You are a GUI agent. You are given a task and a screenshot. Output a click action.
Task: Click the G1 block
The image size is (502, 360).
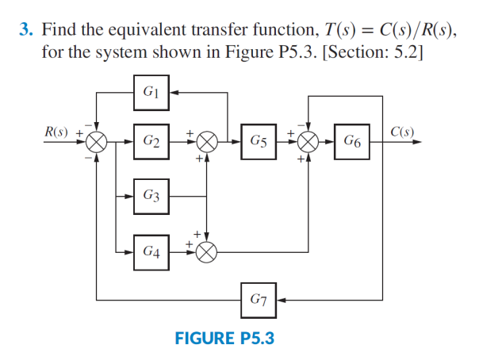(x=151, y=92)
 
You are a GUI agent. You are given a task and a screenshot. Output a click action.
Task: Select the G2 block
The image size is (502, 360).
(x=151, y=142)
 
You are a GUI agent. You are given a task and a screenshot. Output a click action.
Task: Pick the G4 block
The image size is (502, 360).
(x=151, y=251)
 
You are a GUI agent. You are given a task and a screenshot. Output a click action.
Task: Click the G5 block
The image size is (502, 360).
(x=258, y=142)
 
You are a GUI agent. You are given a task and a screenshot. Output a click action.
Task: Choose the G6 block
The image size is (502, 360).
(x=354, y=142)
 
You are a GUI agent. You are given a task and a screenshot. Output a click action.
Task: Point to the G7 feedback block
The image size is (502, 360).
(x=258, y=300)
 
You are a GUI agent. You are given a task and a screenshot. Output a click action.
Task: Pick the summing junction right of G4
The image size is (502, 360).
(x=207, y=252)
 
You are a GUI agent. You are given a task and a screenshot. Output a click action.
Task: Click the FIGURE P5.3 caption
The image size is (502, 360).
(x=224, y=338)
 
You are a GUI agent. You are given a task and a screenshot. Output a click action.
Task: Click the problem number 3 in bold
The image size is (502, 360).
(x=25, y=31)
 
